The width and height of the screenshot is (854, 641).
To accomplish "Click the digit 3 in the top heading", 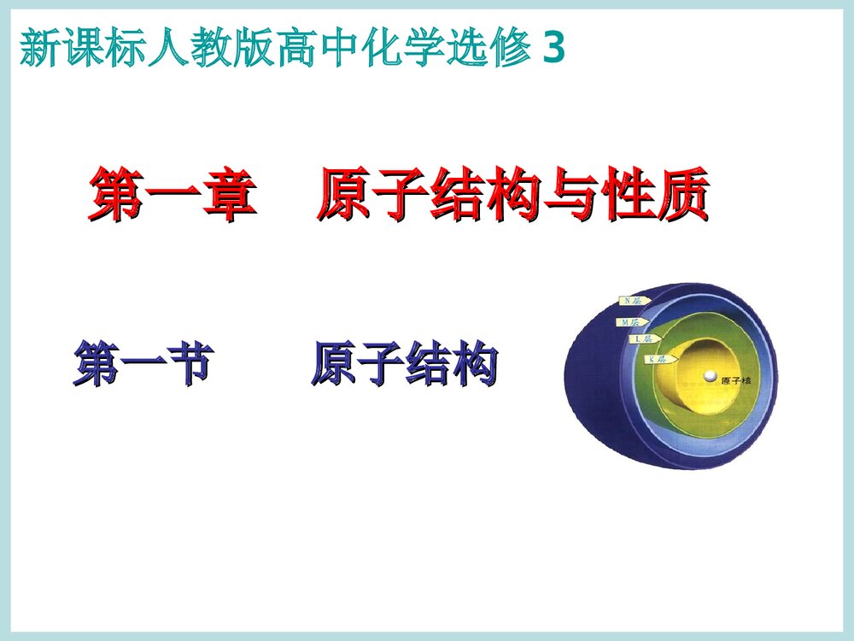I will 553,50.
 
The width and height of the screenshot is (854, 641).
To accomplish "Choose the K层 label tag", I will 658,360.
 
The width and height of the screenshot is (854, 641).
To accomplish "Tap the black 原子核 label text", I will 735,381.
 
